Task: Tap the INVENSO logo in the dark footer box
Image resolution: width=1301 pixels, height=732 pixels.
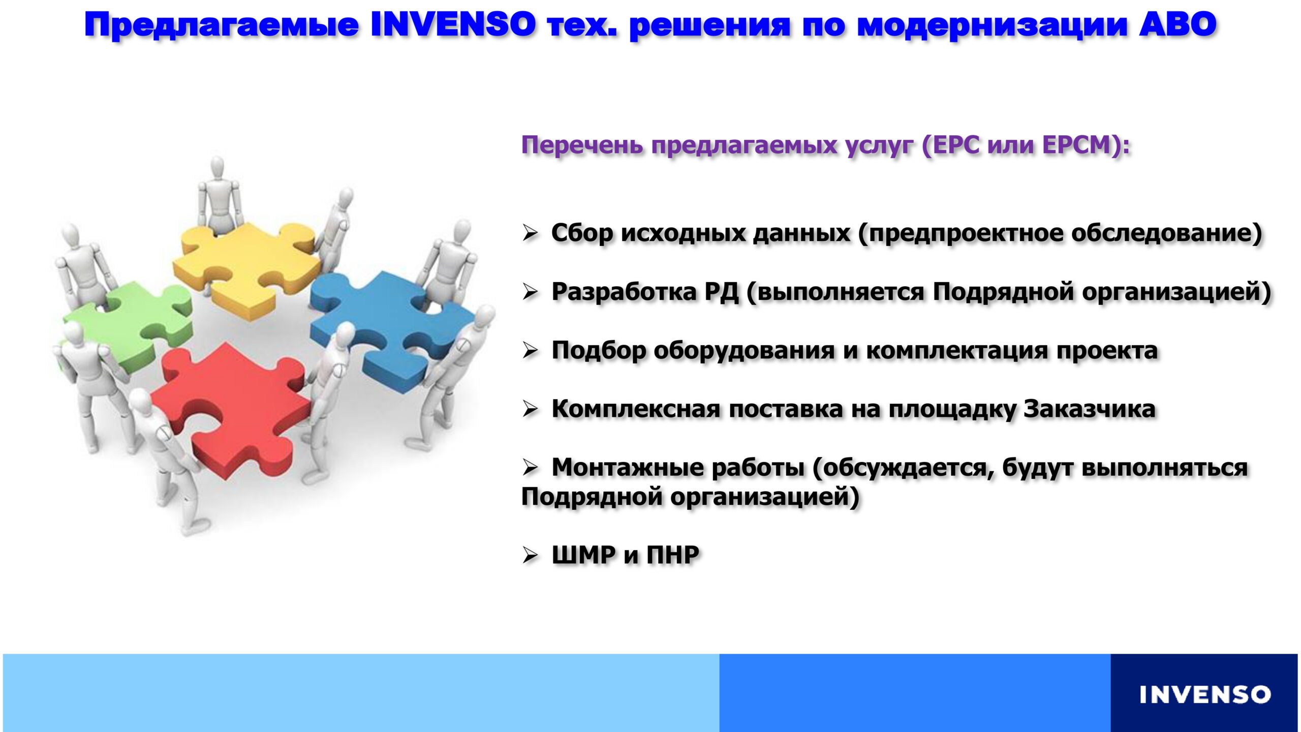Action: point(1204,694)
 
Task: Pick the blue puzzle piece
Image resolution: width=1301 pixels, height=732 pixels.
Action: point(391,330)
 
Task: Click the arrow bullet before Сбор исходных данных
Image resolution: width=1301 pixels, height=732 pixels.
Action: point(530,234)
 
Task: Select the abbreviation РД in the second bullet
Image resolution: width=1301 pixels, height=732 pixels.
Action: point(722,292)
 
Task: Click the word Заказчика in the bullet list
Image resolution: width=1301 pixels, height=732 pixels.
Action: point(1090,409)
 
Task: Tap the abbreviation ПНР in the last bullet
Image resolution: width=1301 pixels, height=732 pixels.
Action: point(672,555)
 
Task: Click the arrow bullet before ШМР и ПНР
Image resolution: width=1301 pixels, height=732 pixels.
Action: point(530,555)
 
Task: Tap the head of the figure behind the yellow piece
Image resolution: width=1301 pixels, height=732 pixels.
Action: point(218,167)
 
